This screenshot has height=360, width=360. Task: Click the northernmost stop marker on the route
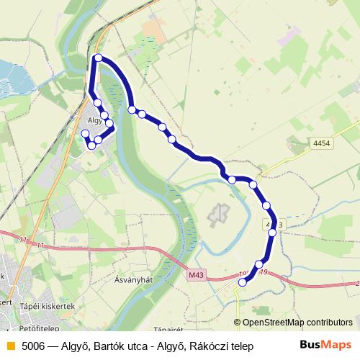coord(98,58)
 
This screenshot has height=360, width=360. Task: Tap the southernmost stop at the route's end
coord(243,283)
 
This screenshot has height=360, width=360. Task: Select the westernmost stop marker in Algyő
coord(86,133)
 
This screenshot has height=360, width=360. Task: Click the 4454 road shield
coord(322,144)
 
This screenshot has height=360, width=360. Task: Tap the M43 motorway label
coord(196,274)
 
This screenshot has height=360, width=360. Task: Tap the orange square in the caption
coord(9,346)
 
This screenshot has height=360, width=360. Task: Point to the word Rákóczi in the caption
coord(210,346)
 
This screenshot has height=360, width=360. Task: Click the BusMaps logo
coord(325,345)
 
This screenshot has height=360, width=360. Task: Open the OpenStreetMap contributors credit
coord(297,323)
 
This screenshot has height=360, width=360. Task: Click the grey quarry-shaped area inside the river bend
coord(218,213)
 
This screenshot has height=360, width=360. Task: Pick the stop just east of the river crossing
coord(132,109)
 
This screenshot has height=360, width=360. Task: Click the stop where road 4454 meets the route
coord(272,233)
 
